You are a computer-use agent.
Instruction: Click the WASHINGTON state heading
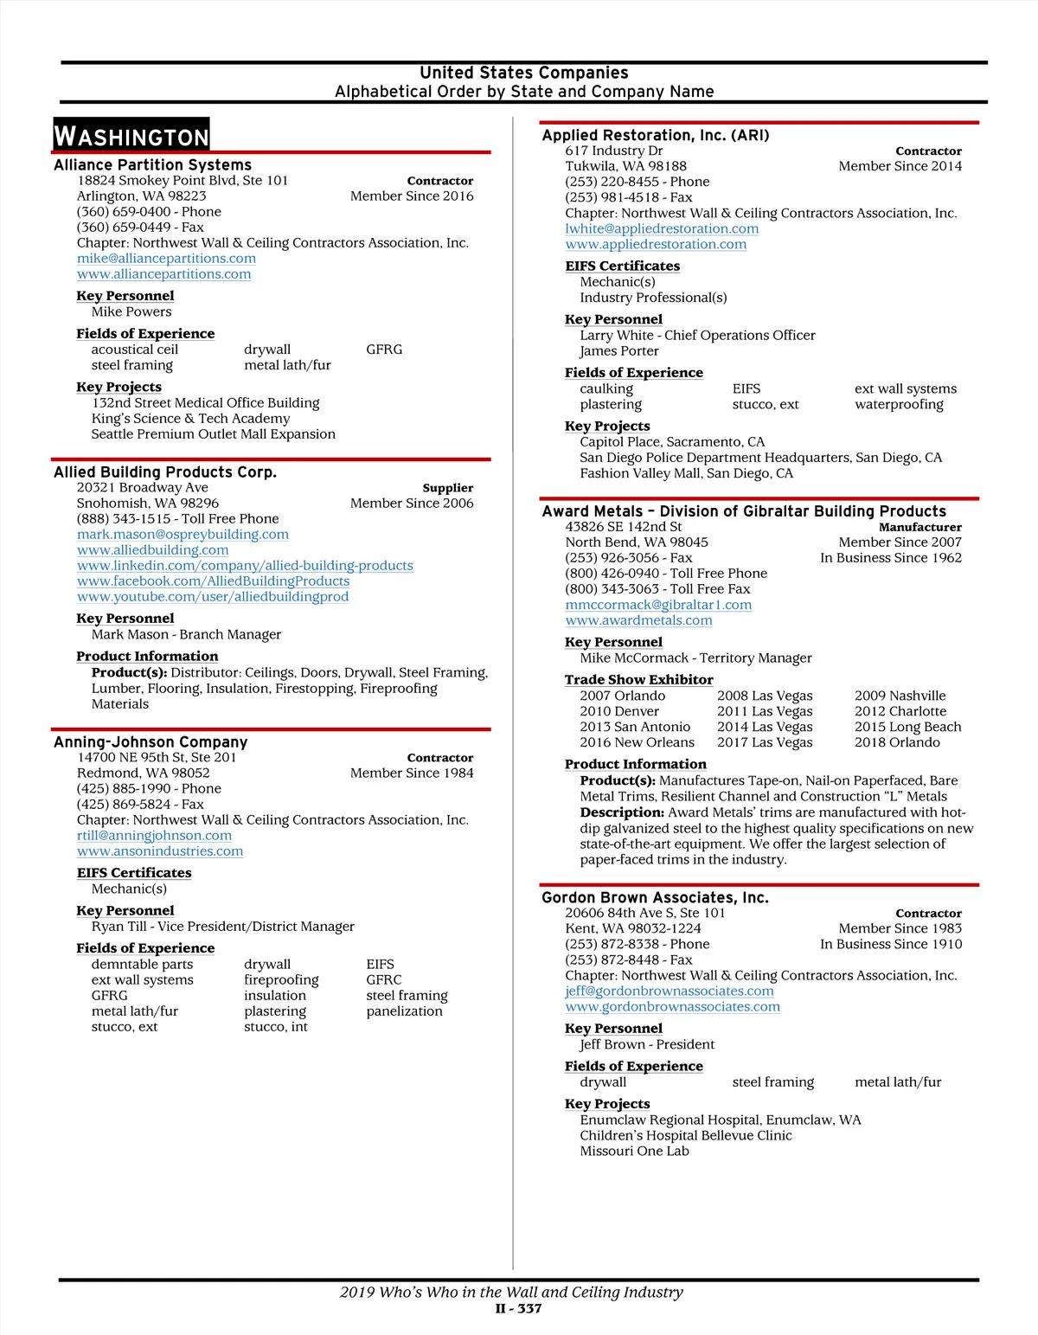click(x=131, y=136)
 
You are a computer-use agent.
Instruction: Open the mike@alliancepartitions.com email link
click(x=166, y=259)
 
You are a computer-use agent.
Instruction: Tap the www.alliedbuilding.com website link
click(x=152, y=550)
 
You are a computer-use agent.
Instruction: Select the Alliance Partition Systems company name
click(x=152, y=165)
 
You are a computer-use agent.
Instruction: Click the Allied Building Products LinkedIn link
click(x=245, y=566)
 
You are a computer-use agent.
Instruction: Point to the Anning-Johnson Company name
click(x=151, y=742)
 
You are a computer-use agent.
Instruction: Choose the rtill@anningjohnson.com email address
click(x=154, y=836)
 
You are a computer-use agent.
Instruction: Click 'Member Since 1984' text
click(x=412, y=773)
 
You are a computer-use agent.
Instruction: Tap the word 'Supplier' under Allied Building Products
click(x=447, y=488)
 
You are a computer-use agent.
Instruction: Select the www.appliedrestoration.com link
click(x=656, y=245)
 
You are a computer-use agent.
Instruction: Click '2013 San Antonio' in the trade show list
click(x=635, y=728)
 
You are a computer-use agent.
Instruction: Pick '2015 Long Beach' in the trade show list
click(x=907, y=728)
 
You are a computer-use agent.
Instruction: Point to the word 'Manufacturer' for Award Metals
click(x=919, y=527)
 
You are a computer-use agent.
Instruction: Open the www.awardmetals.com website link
click(x=638, y=620)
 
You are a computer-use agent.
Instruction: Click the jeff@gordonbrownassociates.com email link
click(x=670, y=992)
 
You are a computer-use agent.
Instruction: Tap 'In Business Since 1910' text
click(x=891, y=945)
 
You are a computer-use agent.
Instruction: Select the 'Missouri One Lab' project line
click(x=634, y=1152)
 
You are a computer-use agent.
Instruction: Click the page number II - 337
click(x=518, y=1309)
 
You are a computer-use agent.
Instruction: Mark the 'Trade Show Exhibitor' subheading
click(x=638, y=680)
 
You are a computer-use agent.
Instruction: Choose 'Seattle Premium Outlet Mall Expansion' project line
click(x=213, y=434)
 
